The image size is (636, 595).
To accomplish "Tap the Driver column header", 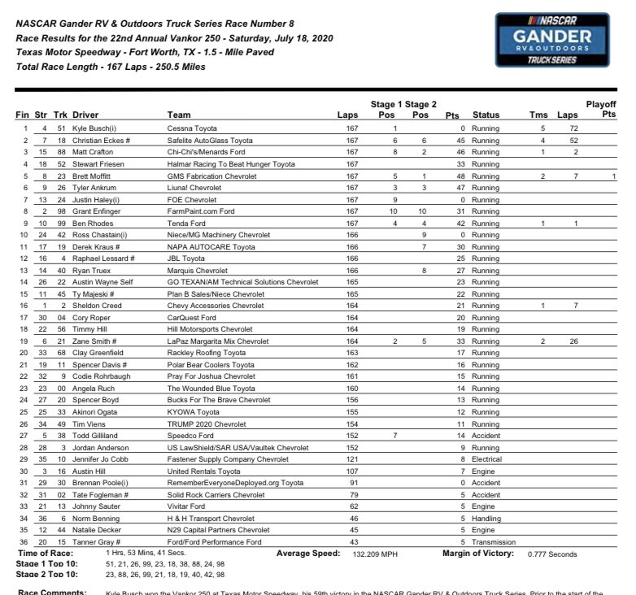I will pyautogui.click(x=85, y=115).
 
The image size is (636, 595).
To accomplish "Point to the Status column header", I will pyautogui.click(x=486, y=115).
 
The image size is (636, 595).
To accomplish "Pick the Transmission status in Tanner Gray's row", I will pyautogui.click(x=493, y=542).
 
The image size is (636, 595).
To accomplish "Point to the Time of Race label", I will pyautogui.click(x=46, y=553).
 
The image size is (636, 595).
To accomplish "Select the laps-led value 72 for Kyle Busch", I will pyautogui.click(x=574, y=128).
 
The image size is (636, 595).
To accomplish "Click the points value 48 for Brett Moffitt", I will pyautogui.click(x=452, y=175).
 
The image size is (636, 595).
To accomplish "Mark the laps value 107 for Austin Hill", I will pyautogui.click(x=351, y=471).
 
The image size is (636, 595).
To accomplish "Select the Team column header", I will pyautogui.click(x=178, y=115).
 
